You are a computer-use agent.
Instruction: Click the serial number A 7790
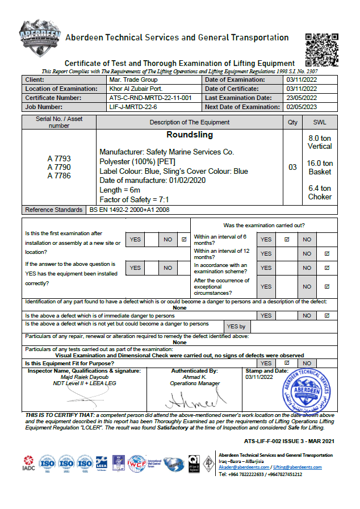[x=59, y=167]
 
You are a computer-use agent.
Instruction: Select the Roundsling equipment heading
[x=190, y=135]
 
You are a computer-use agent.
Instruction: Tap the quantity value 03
[x=292, y=167]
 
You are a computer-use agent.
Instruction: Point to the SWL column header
[x=320, y=122]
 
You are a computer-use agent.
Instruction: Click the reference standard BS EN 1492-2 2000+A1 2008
[x=130, y=210]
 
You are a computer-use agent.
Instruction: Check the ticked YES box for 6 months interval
[x=287, y=239]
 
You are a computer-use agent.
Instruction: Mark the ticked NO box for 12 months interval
[x=326, y=253]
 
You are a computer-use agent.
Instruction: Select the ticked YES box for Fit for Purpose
[x=287, y=362]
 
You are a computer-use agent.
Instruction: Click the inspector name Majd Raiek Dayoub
[x=85, y=377]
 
